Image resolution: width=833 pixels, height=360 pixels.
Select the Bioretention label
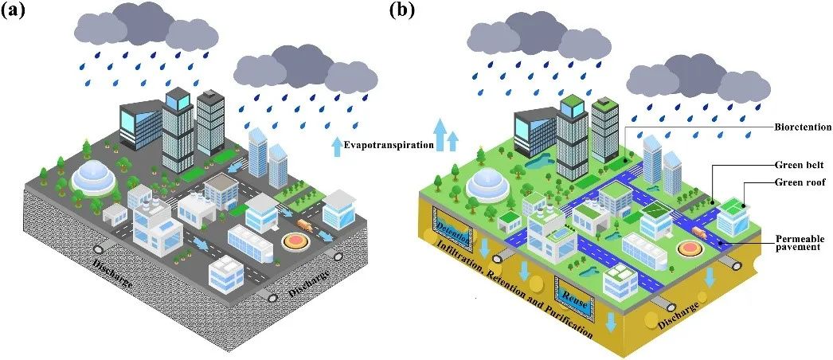(802, 127)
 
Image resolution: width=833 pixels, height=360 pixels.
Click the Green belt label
(799, 165)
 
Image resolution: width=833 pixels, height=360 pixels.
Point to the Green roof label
(799, 182)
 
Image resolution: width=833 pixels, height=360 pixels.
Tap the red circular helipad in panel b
(688, 249)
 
